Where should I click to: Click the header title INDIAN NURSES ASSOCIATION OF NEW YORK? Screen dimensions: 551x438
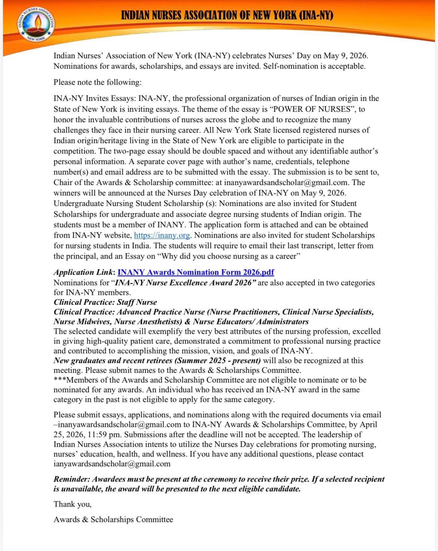coord(227,15)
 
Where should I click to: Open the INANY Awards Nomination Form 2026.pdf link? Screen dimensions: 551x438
coord(196,272)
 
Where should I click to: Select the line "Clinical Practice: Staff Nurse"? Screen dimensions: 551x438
coord(105,302)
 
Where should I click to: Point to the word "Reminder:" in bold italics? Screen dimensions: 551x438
coord(72,479)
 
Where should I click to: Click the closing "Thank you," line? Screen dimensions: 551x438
coord(72,504)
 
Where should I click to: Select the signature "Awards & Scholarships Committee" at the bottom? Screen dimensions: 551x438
coord(113,519)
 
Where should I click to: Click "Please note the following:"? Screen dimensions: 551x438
coord(97,82)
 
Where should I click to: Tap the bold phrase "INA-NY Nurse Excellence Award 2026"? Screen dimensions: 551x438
coord(185,282)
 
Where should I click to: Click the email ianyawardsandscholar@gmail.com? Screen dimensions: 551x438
coord(112,464)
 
